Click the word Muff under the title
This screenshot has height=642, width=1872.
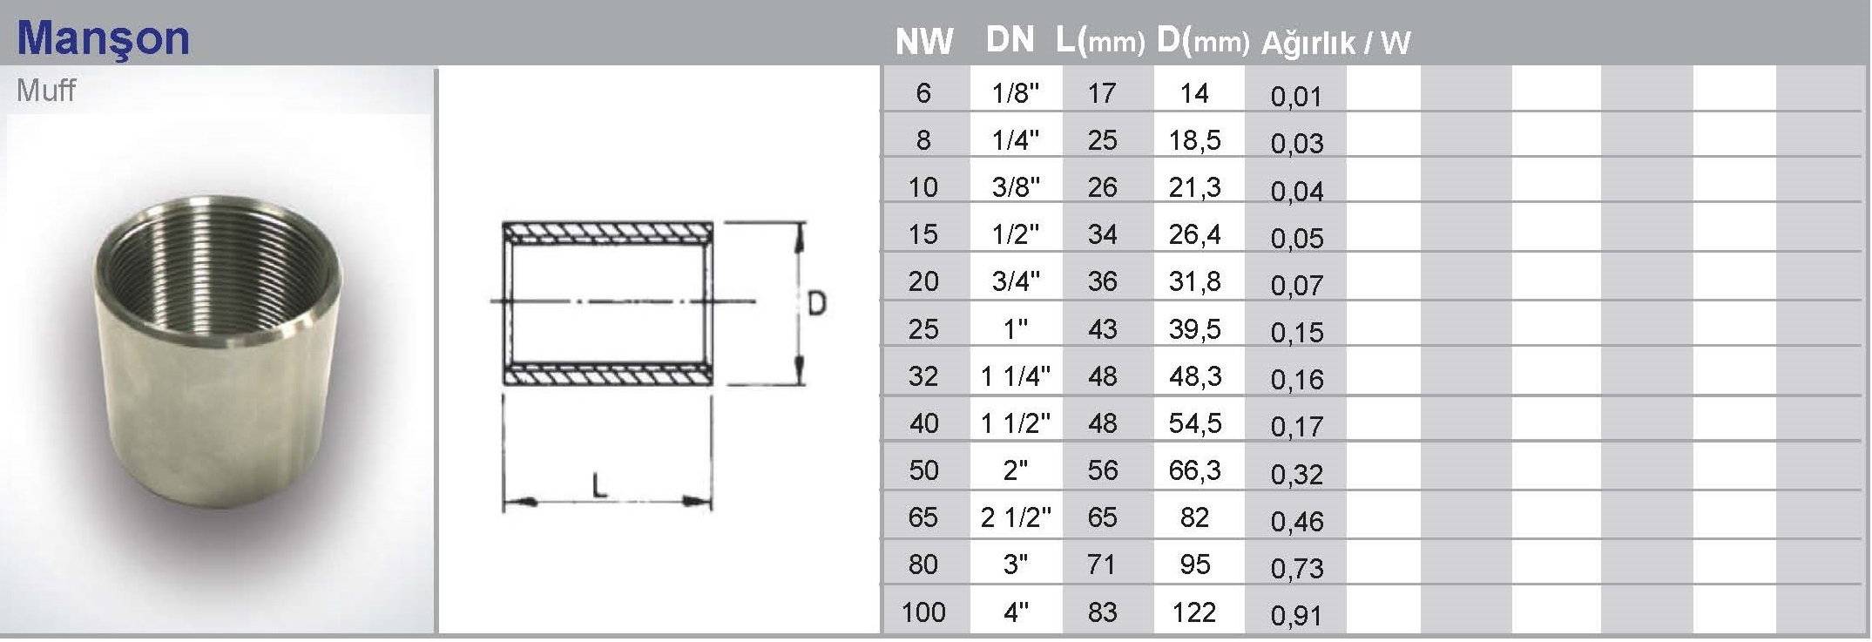point(46,91)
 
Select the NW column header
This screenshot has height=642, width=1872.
point(924,42)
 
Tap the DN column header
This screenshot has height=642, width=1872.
point(1010,39)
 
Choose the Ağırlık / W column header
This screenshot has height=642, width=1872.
point(1335,43)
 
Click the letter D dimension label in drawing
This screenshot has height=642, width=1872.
point(816,303)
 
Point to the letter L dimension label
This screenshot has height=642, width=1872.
point(599,484)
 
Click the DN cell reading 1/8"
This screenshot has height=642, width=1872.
point(1016,92)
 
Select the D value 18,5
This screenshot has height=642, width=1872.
point(1194,139)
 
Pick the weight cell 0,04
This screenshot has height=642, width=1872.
point(1296,191)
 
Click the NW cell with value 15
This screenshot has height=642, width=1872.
point(923,233)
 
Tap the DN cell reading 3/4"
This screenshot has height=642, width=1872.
point(1016,280)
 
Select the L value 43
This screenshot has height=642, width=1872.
point(1102,328)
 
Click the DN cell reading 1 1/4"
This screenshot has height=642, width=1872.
point(1016,375)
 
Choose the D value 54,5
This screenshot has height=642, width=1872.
point(1194,422)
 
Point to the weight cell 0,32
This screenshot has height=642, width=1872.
point(1296,473)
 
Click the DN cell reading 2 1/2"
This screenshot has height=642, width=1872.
point(1016,517)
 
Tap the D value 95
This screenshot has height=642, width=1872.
point(1194,564)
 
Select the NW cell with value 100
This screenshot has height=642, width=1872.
point(923,612)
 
